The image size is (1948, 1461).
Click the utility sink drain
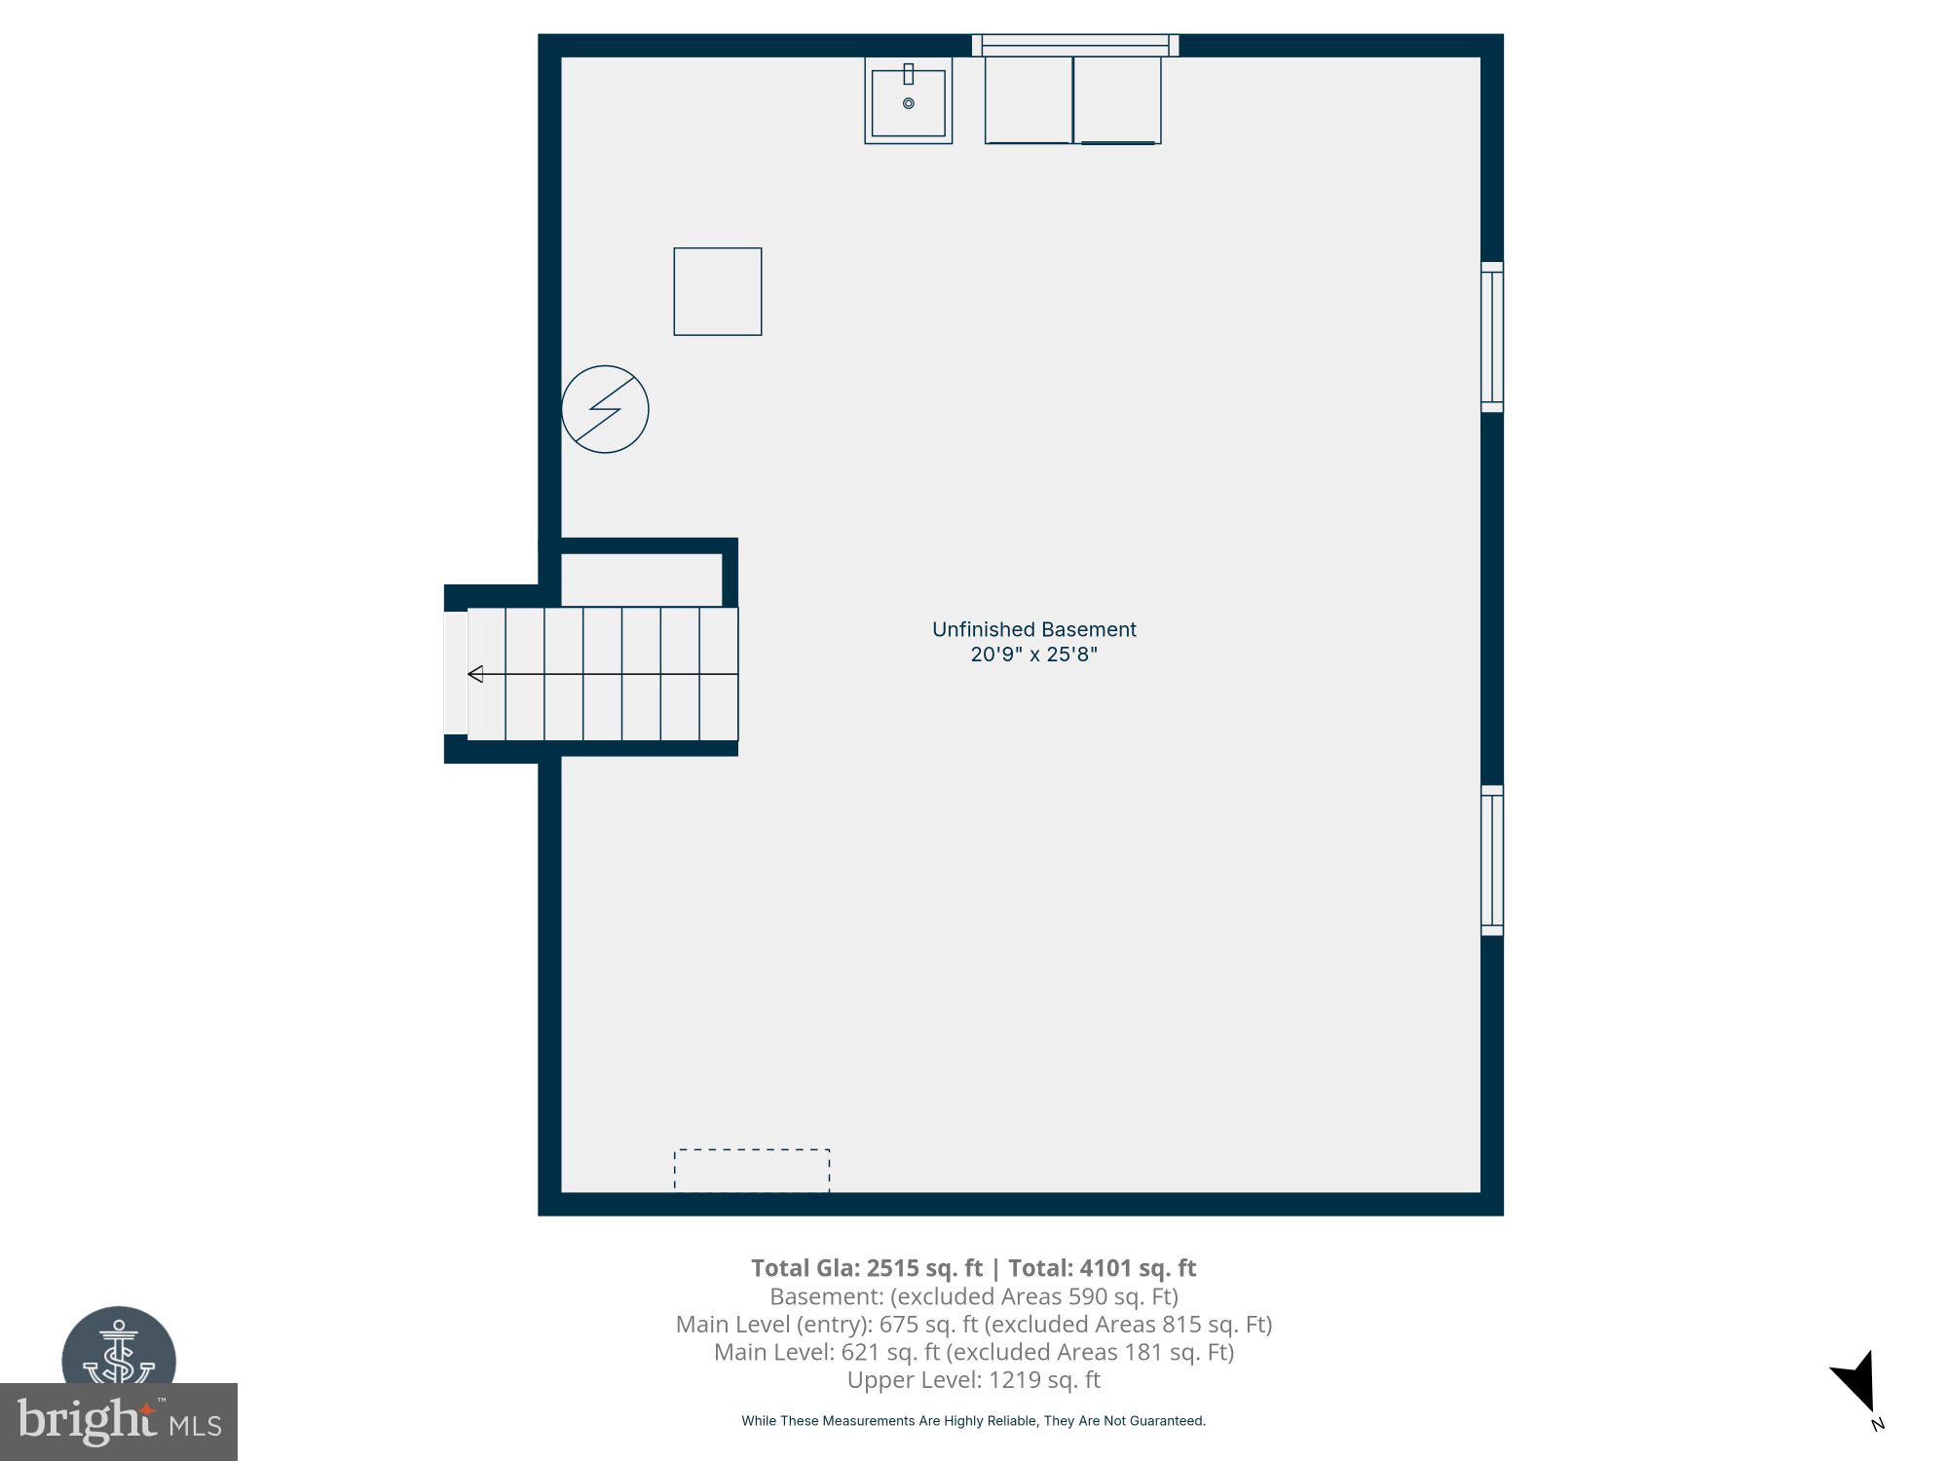pos(909,103)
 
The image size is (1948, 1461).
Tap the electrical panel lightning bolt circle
pos(605,409)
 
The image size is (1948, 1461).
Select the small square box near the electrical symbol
pos(718,292)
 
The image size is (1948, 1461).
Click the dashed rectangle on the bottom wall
pos(752,1170)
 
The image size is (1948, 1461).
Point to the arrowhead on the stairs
pos(475,674)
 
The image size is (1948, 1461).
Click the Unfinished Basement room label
pos(1033,629)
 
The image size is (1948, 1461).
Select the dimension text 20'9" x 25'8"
pos(1033,655)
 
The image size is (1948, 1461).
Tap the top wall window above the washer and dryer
pos(1075,45)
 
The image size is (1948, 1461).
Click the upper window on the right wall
pos(1491,337)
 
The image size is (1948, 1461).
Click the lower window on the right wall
pos(1491,861)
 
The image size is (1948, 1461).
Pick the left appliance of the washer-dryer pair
pos(1029,100)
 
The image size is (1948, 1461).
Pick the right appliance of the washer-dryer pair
pos(1117,100)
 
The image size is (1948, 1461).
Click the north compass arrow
pos(1856,1384)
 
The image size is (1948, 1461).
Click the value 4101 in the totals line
pos(1105,1268)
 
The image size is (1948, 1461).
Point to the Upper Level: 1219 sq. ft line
pos(973,1379)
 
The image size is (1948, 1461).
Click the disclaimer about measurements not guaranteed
pos(973,1421)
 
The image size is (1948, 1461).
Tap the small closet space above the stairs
pos(641,581)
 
